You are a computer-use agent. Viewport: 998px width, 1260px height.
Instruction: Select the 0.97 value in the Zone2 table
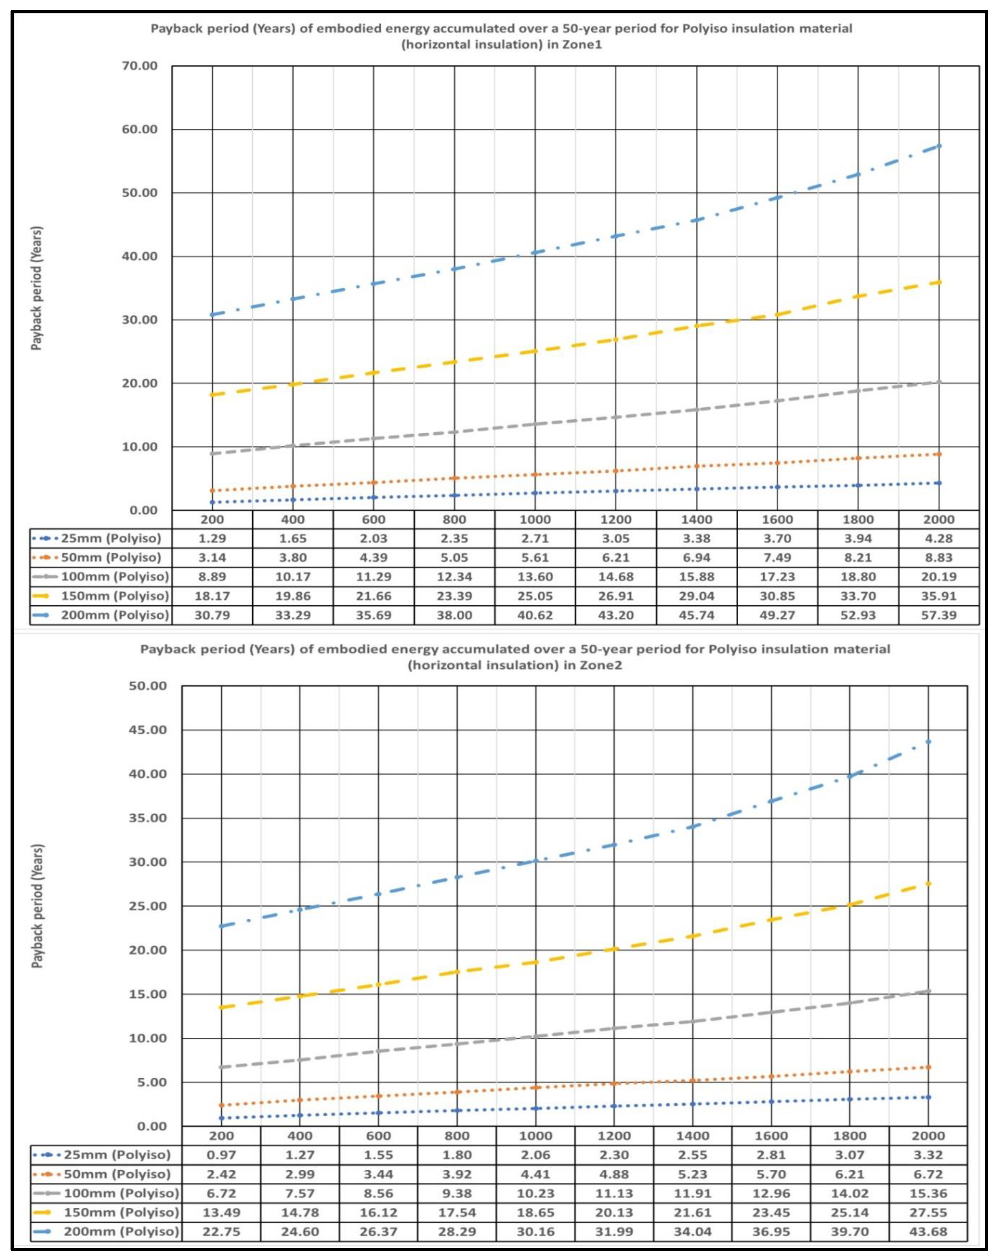pyautogui.click(x=222, y=1155)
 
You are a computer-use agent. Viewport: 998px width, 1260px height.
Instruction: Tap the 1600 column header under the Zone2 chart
pyautogui.click(x=771, y=1136)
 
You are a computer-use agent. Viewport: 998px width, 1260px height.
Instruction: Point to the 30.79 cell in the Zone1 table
pyautogui.click(x=213, y=615)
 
